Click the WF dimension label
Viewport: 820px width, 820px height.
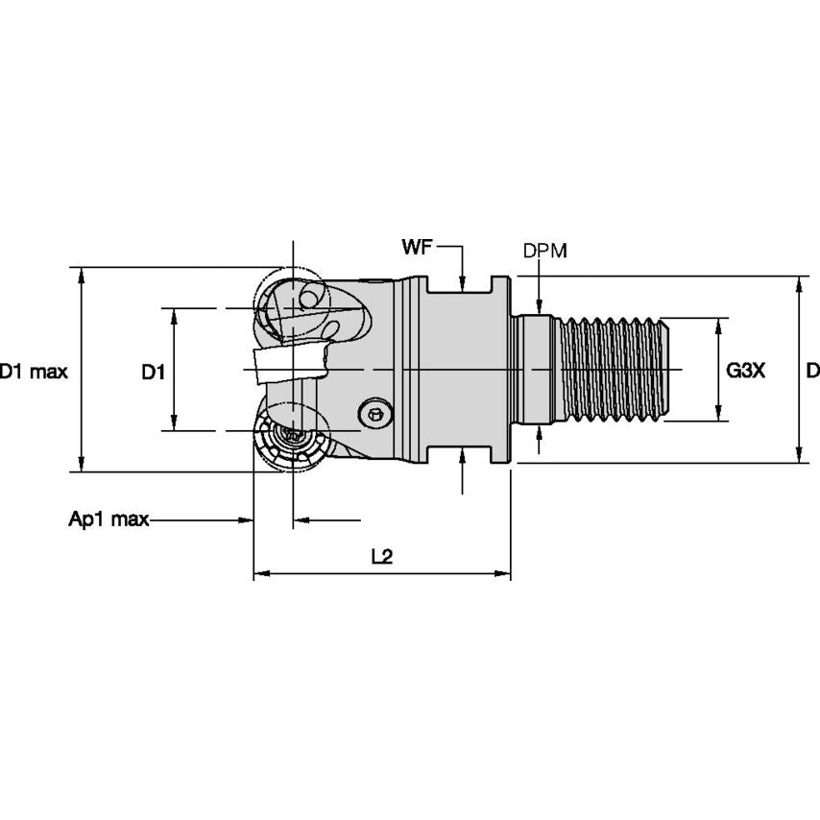[x=416, y=249]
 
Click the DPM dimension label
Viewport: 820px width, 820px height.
[x=544, y=251]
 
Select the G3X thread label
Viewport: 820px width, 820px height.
[x=745, y=371]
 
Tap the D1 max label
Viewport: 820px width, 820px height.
[x=34, y=371]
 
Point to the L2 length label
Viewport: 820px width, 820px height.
[x=381, y=557]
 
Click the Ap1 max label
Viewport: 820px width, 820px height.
[x=109, y=519]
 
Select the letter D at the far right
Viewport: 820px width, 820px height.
[x=812, y=371]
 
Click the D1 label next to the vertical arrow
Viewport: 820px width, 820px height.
[x=154, y=371]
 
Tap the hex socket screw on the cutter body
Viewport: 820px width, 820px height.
[x=375, y=414]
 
